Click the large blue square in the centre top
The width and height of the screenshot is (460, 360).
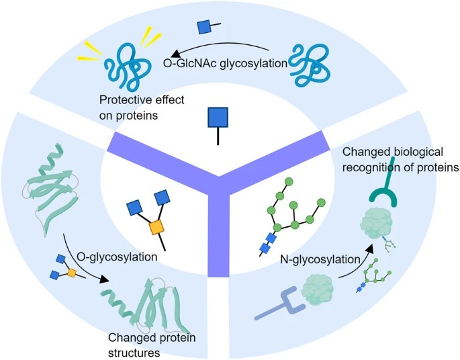click(217, 119)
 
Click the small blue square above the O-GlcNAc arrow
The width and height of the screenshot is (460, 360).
click(203, 27)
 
